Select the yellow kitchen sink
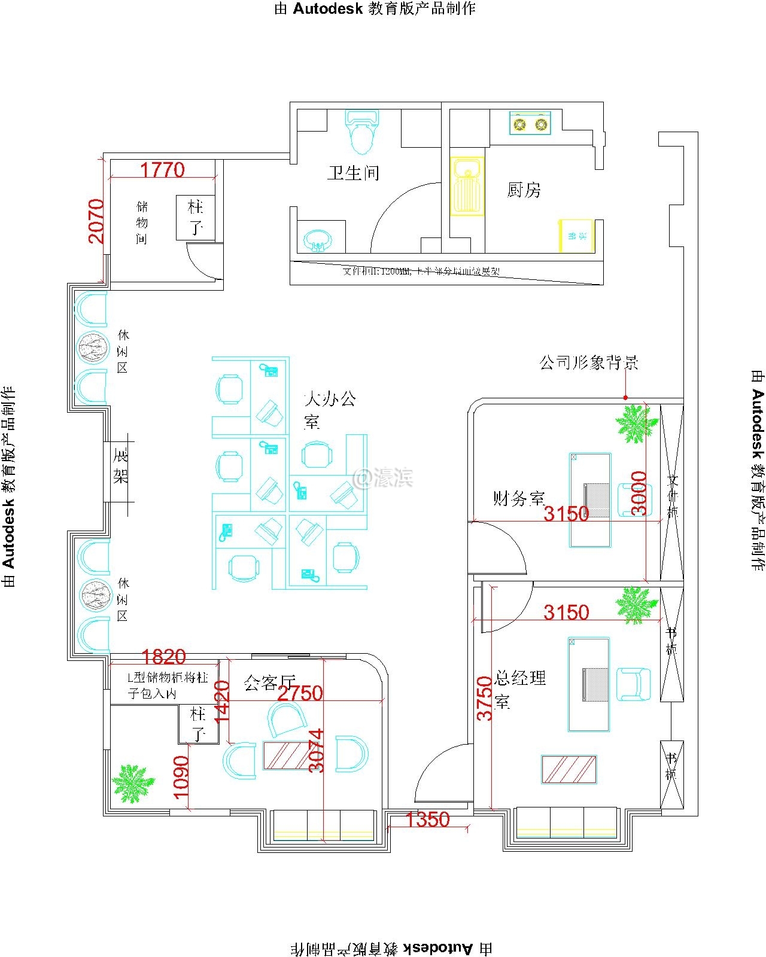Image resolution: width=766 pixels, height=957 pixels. tap(467, 186)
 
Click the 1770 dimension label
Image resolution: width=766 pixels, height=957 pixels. tap(162, 170)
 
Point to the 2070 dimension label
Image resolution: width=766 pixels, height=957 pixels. tap(96, 221)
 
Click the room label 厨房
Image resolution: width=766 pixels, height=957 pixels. tap(524, 190)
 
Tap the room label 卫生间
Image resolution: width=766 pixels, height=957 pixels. tap(353, 173)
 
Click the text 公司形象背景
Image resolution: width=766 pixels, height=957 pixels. tap(589, 362)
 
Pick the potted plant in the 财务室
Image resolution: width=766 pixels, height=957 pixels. tap(637, 423)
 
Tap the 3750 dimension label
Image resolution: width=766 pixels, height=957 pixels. tap(485, 698)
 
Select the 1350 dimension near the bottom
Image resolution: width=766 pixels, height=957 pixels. tap(427, 819)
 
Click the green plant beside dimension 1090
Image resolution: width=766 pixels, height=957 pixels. tap(133, 782)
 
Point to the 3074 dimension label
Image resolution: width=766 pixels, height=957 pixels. tap(317, 750)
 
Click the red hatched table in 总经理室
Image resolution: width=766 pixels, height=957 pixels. tap(569, 769)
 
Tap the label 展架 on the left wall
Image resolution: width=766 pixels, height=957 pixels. tap(121, 467)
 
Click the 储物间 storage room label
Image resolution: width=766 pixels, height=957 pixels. tap(142, 223)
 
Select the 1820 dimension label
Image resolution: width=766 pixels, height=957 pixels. tap(165, 657)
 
